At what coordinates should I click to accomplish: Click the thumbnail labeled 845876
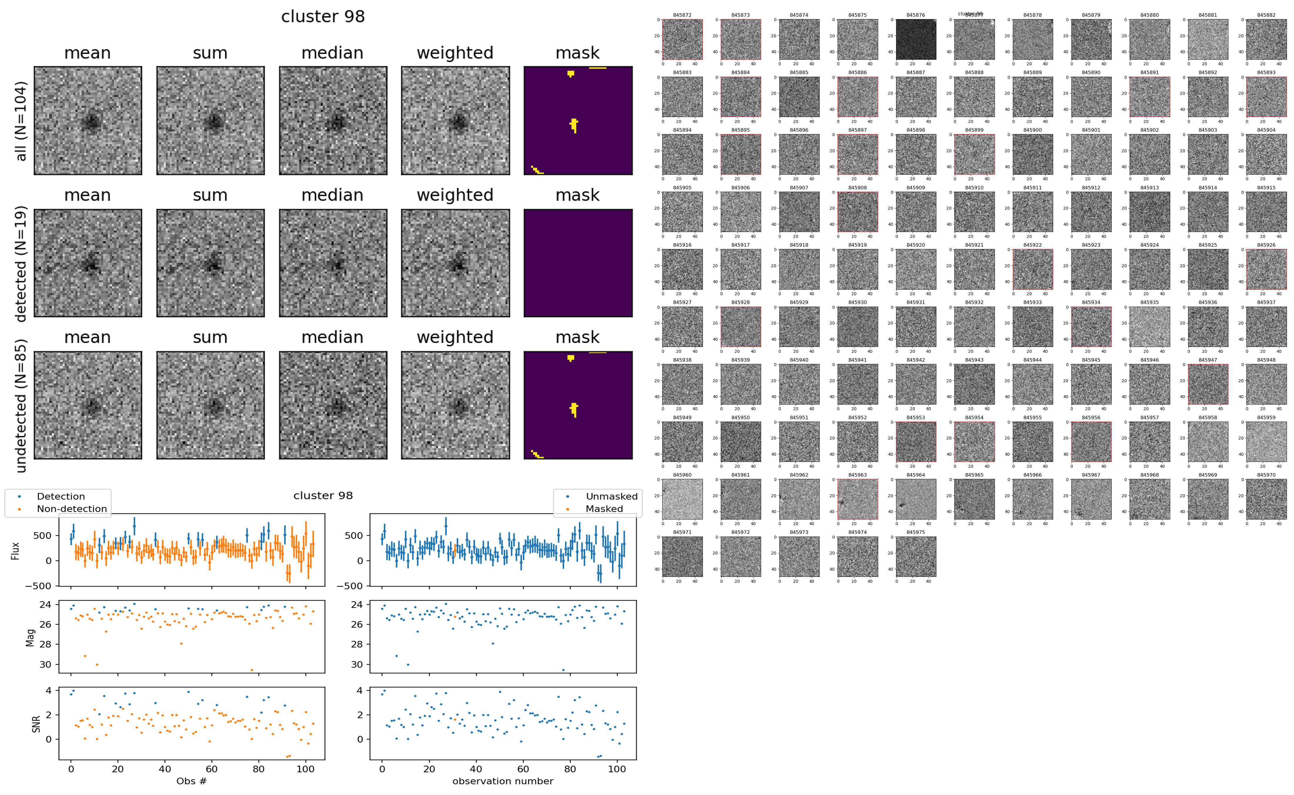click(x=916, y=39)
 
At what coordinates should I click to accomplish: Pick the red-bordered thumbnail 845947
click(x=1208, y=384)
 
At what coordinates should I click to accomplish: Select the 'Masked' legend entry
click(x=603, y=508)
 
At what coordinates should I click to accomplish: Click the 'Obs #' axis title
click(x=191, y=781)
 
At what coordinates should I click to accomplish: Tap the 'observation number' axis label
click(x=503, y=781)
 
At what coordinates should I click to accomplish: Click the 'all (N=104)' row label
click(x=21, y=121)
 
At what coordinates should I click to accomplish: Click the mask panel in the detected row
click(x=578, y=263)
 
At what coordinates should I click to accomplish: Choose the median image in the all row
click(x=333, y=121)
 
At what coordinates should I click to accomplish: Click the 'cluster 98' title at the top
click(x=323, y=17)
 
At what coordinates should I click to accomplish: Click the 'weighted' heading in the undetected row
click(x=455, y=337)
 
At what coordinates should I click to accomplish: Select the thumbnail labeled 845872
click(x=683, y=39)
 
